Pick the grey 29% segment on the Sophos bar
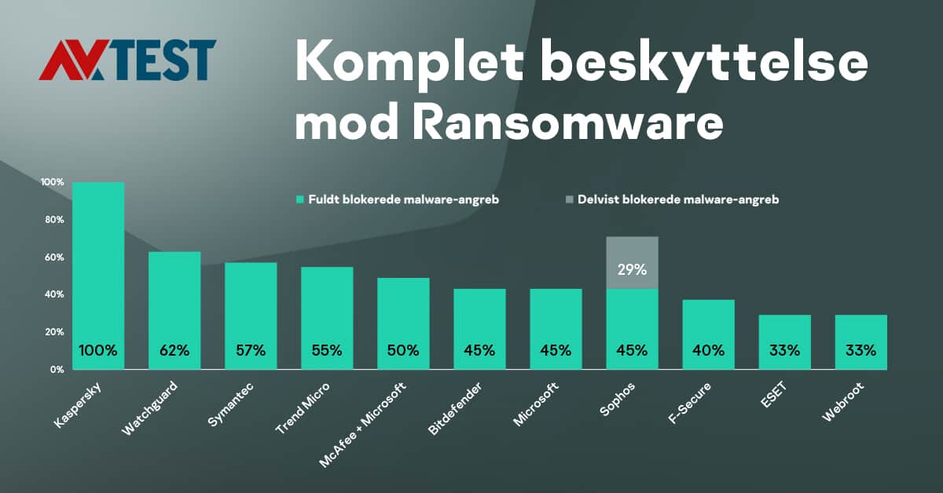(x=632, y=263)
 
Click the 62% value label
(x=174, y=351)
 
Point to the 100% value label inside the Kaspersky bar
(x=98, y=351)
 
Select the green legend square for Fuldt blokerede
(x=299, y=200)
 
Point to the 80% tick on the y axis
(x=53, y=220)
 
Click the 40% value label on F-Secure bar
(x=708, y=351)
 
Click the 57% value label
(x=251, y=351)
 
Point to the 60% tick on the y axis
(x=53, y=257)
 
